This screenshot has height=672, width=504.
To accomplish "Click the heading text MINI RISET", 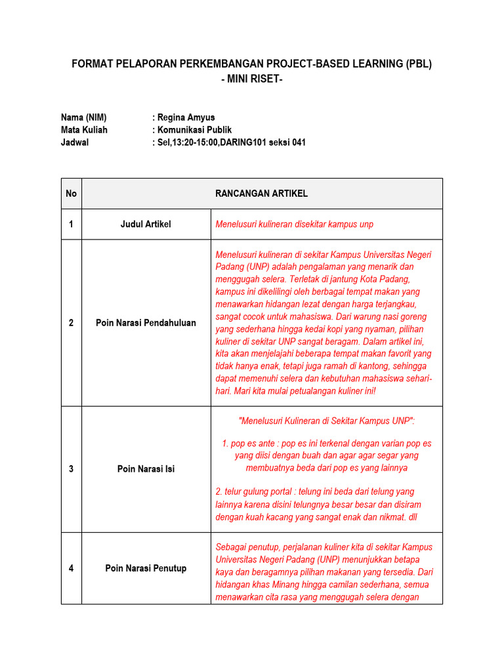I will coord(252,79).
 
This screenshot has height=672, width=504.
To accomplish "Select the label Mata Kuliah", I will coord(84,130).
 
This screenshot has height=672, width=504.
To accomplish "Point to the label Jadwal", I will coord(74,142).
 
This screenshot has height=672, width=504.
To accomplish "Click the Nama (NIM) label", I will coord(83,117).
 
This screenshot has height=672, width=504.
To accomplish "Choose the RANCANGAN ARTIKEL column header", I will coord(261,194).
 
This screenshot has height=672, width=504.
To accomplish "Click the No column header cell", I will coord(71,194).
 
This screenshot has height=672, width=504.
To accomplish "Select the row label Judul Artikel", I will coord(146,224).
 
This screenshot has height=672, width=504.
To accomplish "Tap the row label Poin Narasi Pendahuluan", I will coord(146,323).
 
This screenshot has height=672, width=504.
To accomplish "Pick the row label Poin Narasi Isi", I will coord(146,469).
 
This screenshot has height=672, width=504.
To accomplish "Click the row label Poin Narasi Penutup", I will coord(146,568).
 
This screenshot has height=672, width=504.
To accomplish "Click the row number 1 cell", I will coord(71,224).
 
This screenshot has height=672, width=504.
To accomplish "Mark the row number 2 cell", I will coord(71,323).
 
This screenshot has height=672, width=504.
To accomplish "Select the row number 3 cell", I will coord(71,469).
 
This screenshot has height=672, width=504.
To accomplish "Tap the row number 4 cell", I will coord(71,568).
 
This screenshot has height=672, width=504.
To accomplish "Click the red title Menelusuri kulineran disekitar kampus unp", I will coord(294,224).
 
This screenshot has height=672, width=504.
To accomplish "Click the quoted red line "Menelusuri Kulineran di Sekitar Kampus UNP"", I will coord(326,420).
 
